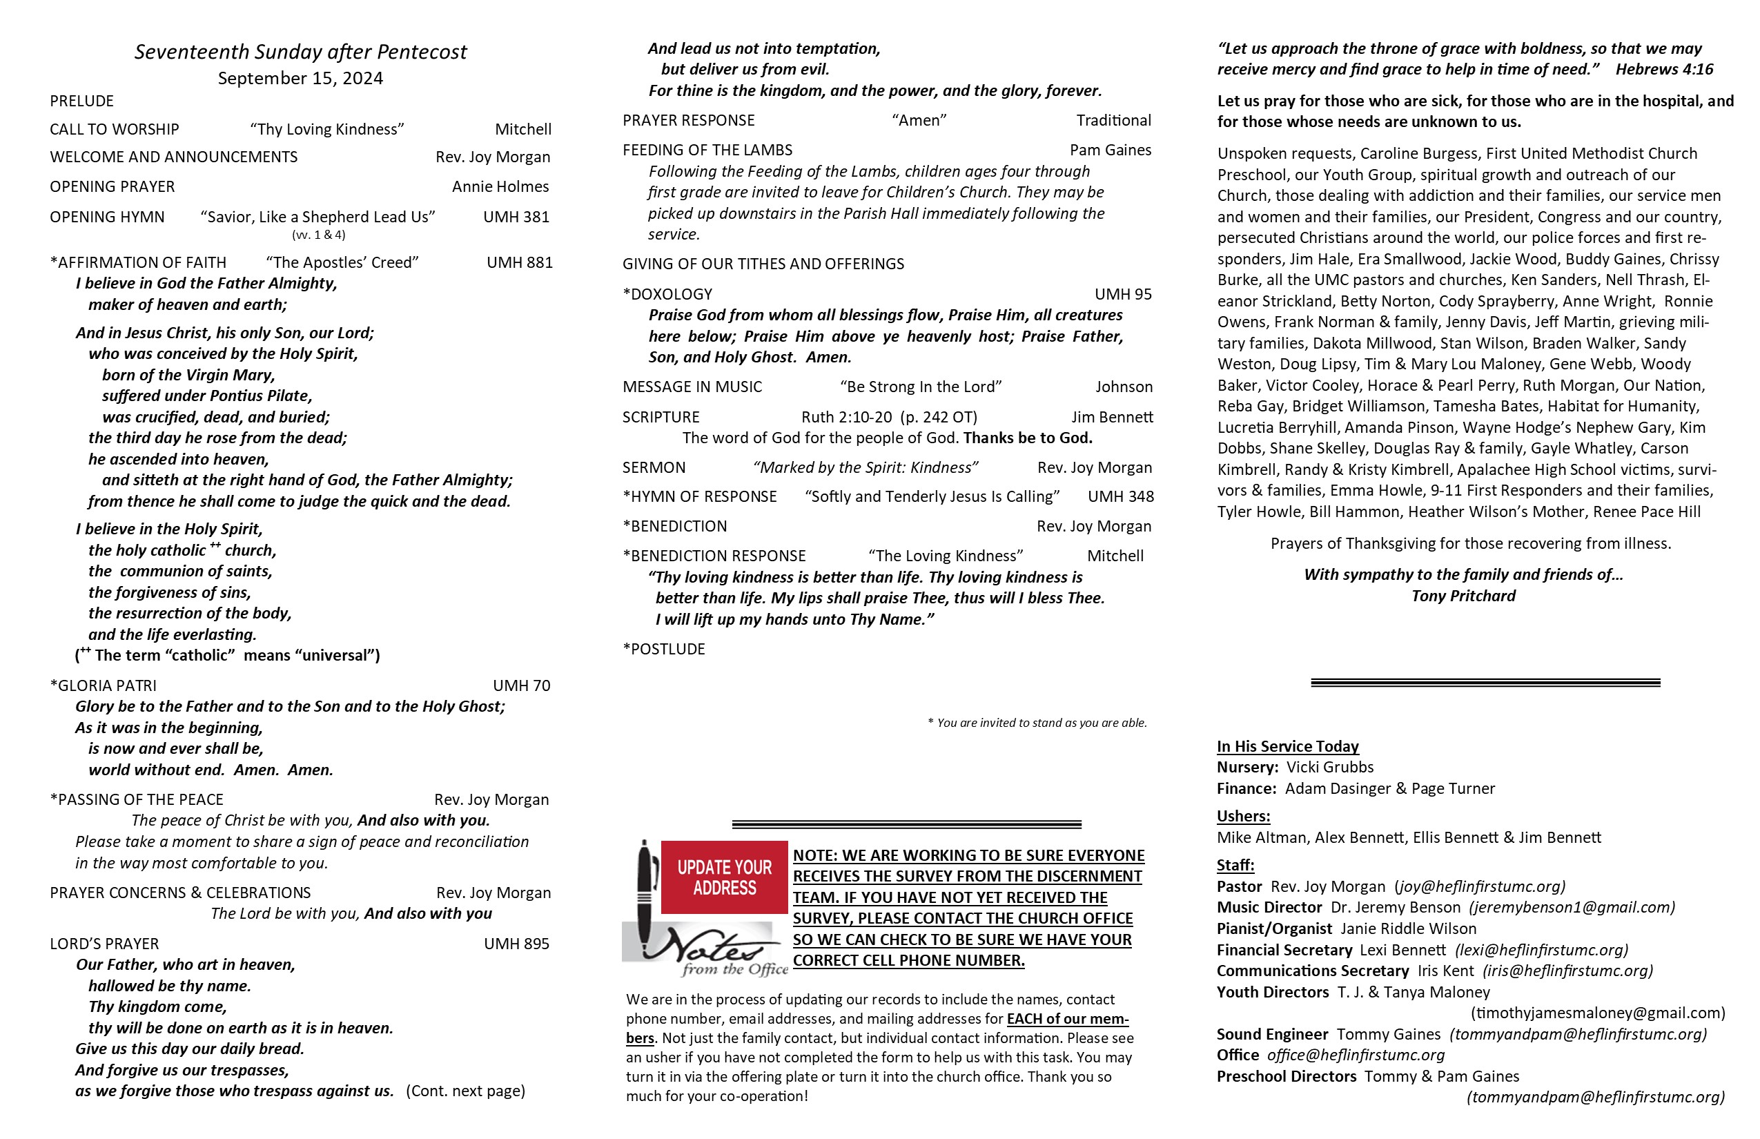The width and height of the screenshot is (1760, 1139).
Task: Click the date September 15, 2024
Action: point(300,79)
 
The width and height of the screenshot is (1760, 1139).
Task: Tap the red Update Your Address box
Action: point(724,877)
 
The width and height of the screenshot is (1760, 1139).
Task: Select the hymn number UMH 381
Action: point(516,217)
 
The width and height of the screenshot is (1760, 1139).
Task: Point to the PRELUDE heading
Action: point(82,101)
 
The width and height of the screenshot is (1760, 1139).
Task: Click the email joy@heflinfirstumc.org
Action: point(1480,886)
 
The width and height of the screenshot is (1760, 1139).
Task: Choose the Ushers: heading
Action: point(1243,816)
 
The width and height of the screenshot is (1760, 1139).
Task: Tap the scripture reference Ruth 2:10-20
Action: point(847,417)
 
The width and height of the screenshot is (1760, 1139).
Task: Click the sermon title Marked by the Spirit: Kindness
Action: point(866,467)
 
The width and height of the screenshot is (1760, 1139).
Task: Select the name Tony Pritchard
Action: point(1463,596)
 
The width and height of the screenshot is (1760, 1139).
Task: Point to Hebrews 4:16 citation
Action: point(1664,70)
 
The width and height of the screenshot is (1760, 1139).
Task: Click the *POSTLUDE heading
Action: point(664,650)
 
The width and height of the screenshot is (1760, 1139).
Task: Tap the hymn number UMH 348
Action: point(1120,496)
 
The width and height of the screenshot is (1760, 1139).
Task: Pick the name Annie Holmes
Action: point(500,186)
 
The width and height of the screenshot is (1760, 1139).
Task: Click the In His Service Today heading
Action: point(1287,746)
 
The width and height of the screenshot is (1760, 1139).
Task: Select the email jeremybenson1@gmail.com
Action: point(1572,908)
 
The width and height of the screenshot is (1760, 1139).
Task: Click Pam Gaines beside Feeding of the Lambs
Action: point(1110,150)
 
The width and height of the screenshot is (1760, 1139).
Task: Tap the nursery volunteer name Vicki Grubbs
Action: point(1329,767)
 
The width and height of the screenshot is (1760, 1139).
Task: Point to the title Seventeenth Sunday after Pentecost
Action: point(300,52)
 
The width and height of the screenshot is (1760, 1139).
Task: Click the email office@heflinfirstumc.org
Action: point(1356,1055)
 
